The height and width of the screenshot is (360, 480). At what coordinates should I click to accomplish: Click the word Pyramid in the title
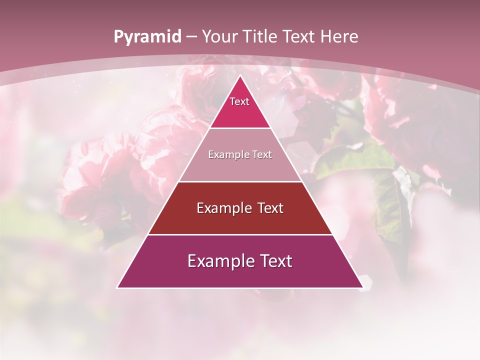(147, 37)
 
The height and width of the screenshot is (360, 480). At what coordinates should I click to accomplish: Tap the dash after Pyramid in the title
(191, 37)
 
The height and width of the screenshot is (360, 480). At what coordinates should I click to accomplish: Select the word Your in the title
(220, 37)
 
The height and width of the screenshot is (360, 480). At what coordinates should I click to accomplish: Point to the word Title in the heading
(262, 37)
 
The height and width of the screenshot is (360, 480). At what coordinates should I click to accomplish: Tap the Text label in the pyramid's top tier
(239, 101)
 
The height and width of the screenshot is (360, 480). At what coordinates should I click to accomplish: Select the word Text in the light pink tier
(262, 155)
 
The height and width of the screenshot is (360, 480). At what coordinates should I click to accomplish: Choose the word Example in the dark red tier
(223, 208)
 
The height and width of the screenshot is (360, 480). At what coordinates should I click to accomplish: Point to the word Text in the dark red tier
(270, 208)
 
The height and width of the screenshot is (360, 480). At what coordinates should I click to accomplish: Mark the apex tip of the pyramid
(240, 75)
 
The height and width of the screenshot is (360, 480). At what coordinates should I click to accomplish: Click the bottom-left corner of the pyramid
(117, 287)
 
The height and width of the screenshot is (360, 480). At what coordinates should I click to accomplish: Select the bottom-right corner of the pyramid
(362, 287)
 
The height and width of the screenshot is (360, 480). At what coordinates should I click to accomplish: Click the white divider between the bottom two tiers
(240, 234)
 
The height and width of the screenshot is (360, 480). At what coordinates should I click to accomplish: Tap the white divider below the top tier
(240, 128)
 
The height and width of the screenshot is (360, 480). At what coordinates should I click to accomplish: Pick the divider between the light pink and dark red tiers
(240, 181)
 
